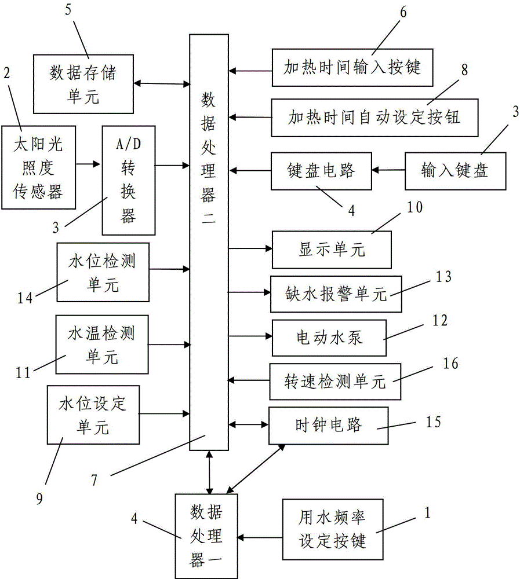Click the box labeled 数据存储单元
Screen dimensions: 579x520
(83, 83)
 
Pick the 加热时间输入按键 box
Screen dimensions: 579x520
(352, 67)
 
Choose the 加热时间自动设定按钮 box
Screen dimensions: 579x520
(375, 118)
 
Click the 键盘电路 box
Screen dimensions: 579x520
(322, 171)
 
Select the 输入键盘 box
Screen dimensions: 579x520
(455, 171)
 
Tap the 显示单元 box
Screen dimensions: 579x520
(332, 249)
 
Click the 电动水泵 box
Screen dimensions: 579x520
(329, 337)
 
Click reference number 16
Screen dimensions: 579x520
(450, 364)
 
